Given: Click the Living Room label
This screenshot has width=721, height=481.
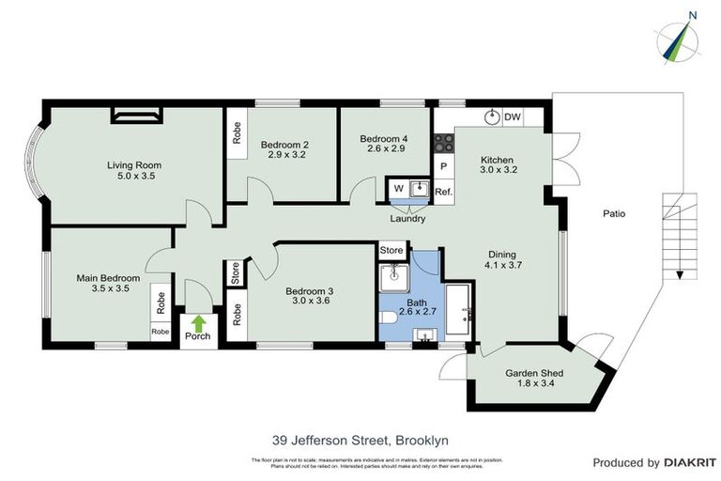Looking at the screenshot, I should [x=131, y=163].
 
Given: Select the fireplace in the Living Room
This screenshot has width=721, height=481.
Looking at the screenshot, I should [x=137, y=116].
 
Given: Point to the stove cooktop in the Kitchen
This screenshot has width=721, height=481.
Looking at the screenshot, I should [x=443, y=144].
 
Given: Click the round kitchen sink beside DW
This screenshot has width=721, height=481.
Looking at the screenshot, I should [x=491, y=117].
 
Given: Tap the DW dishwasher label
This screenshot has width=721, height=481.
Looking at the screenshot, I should [x=513, y=117].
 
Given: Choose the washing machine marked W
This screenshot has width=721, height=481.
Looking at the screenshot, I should [x=397, y=188].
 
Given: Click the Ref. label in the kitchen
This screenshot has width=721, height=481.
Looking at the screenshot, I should [x=443, y=192].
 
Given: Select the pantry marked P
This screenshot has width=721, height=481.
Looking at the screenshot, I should [x=443, y=167].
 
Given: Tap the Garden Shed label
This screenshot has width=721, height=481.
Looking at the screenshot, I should [x=532, y=373].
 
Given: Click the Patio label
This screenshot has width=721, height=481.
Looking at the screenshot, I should [x=614, y=213].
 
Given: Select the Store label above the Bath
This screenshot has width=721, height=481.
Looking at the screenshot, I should [x=391, y=251].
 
